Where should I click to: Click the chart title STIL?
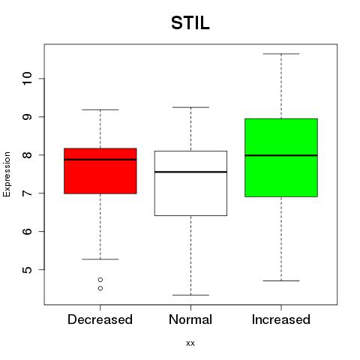click(x=190, y=23)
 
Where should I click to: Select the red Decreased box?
click(x=100, y=171)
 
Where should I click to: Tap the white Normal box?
click(x=190, y=183)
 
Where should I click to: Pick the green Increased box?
click(x=281, y=157)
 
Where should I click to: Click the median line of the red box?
click(x=100, y=160)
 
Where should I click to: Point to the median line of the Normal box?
click(x=190, y=172)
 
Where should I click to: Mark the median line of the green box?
click(x=281, y=155)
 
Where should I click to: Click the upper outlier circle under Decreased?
click(x=100, y=280)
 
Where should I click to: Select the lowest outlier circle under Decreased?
click(x=100, y=289)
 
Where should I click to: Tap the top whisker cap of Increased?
click(x=281, y=54)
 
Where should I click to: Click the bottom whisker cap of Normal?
click(x=190, y=295)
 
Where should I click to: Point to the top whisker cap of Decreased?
click(x=100, y=109)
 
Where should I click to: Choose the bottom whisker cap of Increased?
click(x=281, y=280)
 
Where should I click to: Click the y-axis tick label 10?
click(x=27, y=79)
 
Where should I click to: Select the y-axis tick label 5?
click(x=27, y=270)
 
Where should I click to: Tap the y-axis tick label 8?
click(x=27, y=155)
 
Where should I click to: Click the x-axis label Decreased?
click(x=100, y=319)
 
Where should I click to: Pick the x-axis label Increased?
click(x=281, y=319)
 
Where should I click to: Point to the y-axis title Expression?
click(x=7, y=174)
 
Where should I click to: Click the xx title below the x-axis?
click(x=190, y=343)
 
